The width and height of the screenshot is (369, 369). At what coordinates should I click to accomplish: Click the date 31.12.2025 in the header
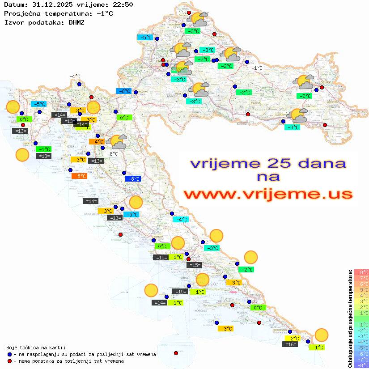(51, 4)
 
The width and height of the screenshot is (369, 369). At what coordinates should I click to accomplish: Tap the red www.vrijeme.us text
(268, 194)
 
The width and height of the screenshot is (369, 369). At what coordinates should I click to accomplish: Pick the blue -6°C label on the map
(123, 91)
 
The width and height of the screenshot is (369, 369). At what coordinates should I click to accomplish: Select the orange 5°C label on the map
(79, 176)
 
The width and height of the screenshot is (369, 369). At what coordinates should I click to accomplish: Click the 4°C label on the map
(97, 142)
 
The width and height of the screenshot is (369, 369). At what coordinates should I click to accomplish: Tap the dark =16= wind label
(290, 344)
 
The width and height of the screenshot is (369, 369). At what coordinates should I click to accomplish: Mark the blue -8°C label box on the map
(133, 179)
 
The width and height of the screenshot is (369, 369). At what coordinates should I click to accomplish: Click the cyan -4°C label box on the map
(180, 220)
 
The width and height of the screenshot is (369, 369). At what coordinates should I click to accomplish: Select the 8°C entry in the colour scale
(361, 272)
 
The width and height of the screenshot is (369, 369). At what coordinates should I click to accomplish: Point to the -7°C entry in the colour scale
(361, 359)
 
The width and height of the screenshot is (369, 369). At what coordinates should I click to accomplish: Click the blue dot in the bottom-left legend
(10, 354)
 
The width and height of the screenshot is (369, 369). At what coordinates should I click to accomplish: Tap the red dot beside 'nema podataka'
(10, 361)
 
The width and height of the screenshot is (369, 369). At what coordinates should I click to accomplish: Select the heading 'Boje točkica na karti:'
(36, 348)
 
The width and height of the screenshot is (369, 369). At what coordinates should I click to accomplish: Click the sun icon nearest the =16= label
(321, 335)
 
